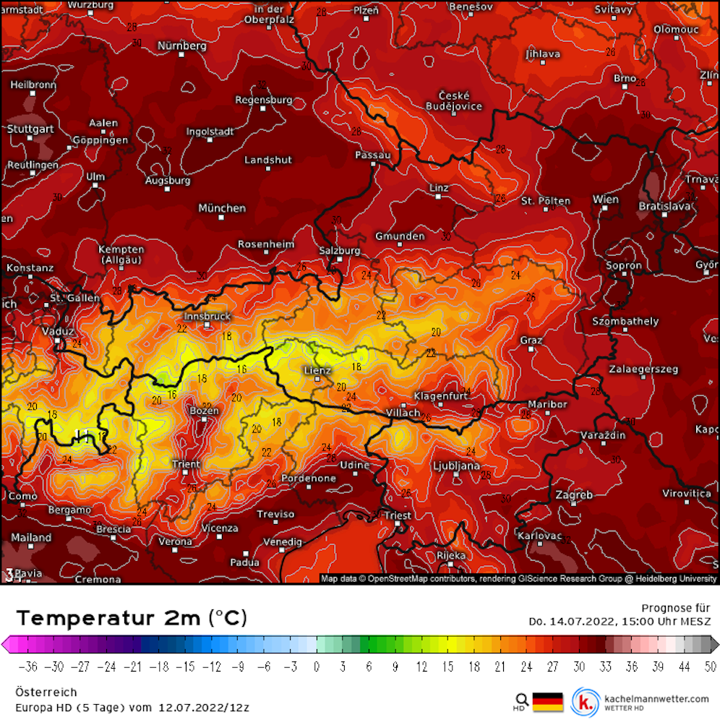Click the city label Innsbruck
[207, 316]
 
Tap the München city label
[222, 208]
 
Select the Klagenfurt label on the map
[442, 395]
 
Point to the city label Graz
[531, 340]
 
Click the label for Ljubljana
[455, 466]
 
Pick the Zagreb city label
[574, 495]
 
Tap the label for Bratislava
[664, 206]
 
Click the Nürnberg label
[182, 46]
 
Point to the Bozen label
[204, 411]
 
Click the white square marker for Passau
[373, 164]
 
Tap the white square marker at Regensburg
[264, 108]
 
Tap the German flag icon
[547, 701]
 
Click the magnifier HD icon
[521, 701]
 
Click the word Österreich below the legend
[46, 693]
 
